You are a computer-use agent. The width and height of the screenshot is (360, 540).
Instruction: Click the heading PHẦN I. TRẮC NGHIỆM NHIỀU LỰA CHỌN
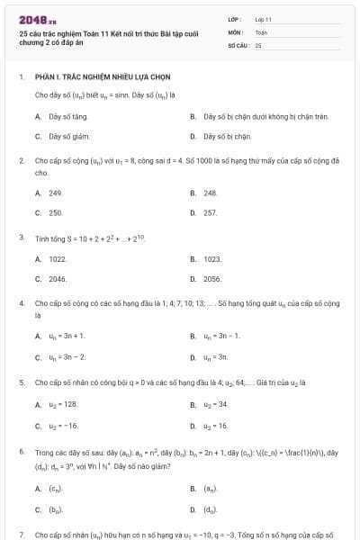tap(103, 76)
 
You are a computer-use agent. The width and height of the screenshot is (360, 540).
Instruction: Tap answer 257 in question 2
tap(211, 212)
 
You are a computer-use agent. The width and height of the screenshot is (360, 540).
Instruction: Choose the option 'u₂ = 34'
tap(216, 404)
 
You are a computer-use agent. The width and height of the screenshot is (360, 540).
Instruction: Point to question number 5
tap(21, 382)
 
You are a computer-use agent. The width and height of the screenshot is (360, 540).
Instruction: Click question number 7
tap(21, 535)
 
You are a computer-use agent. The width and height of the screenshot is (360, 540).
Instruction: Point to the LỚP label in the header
tap(235, 19)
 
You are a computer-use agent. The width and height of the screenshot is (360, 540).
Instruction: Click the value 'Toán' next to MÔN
tap(261, 31)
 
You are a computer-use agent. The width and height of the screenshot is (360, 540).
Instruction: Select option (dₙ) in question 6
tap(211, 509)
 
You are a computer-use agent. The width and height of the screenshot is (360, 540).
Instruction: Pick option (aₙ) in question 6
tap(211, 489)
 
